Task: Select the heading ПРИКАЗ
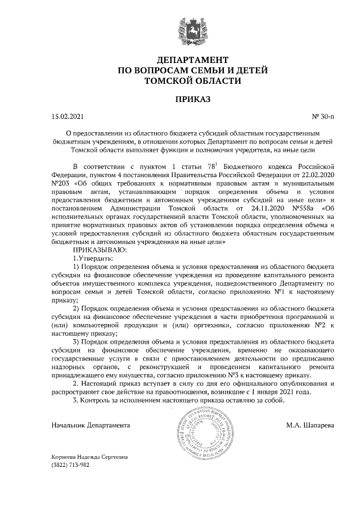(192, 100)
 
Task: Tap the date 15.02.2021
(67, 117)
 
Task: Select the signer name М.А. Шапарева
(310, 425)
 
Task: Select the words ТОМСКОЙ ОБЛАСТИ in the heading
(192, 80)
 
